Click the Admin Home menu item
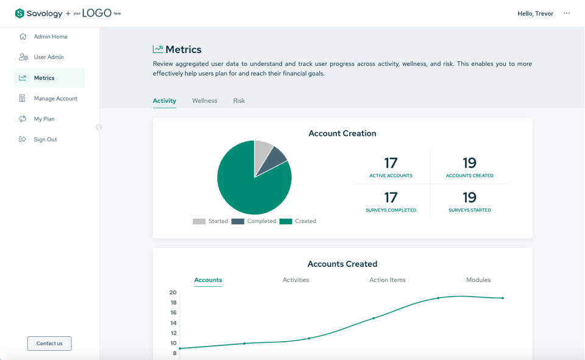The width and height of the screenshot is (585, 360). pos(50,37)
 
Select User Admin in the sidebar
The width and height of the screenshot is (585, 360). pos(48,57)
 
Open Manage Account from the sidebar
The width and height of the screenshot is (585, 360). pos(55,99)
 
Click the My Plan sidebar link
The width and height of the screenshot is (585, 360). pos(44,119)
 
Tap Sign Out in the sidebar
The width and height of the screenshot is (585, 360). pos(44,139)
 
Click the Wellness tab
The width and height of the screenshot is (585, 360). pos(204,101)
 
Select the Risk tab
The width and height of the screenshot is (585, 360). pos(239,101)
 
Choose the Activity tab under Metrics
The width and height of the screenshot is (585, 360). pos(164,101)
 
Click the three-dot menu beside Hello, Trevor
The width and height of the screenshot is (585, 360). pos(567,13)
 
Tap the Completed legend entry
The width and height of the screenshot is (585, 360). pos(254,221)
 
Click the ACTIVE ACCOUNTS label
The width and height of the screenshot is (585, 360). pos(391,175)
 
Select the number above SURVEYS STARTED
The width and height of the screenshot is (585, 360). pos(469,197)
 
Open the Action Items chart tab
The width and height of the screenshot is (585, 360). pos(387,280)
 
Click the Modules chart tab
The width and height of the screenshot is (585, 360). pos(478,280)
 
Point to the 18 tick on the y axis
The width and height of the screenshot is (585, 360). pos(173,303)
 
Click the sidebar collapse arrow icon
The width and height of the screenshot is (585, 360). pos(99,127)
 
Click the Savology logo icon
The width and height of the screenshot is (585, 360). pos(19,13)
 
